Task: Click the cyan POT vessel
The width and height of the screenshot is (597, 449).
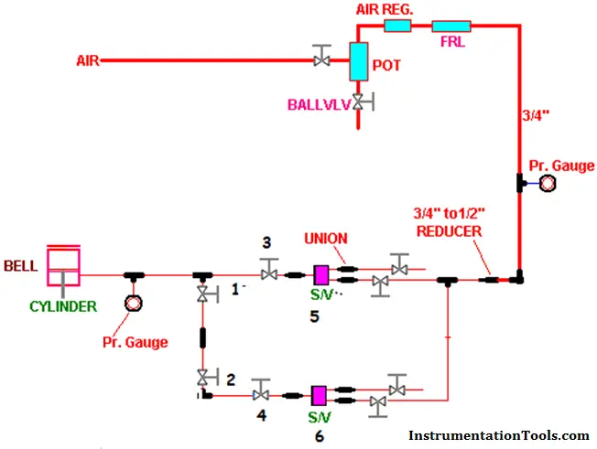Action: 359,61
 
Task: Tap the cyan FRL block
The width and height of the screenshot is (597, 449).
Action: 451,27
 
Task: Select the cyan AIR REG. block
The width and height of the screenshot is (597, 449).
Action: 397,26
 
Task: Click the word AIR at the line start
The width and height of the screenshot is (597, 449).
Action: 88,61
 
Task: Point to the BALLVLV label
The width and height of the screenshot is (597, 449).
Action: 319,105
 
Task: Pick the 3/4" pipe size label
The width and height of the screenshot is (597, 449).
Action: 536,115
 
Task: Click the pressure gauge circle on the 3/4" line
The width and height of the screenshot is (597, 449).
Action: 548,183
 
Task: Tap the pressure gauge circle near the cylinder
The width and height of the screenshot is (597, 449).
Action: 134,304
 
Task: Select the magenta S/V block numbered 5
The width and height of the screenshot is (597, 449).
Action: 321,275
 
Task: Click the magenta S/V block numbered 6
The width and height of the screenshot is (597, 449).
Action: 319,396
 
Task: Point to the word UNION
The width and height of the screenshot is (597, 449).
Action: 326,239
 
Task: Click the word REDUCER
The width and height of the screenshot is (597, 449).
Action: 450,231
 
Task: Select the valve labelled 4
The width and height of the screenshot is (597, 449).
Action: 261,390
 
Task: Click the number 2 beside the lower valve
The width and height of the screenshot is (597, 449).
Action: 231,380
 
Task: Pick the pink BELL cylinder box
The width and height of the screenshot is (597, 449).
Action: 63,266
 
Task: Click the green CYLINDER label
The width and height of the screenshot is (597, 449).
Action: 63,306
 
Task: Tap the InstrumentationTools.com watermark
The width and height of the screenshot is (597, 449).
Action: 499,435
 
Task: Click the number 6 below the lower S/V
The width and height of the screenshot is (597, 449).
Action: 320,436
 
